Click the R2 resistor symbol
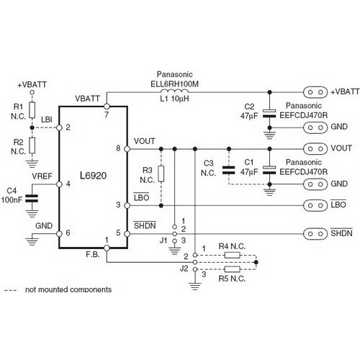[32, 147]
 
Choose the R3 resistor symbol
[161, 173]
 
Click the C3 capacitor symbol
[229, 171]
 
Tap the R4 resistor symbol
[233, 255]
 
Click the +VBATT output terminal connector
[313, 92]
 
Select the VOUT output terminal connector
[313, 148]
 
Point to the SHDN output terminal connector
[313, 233]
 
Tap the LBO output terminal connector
[313, 204]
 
